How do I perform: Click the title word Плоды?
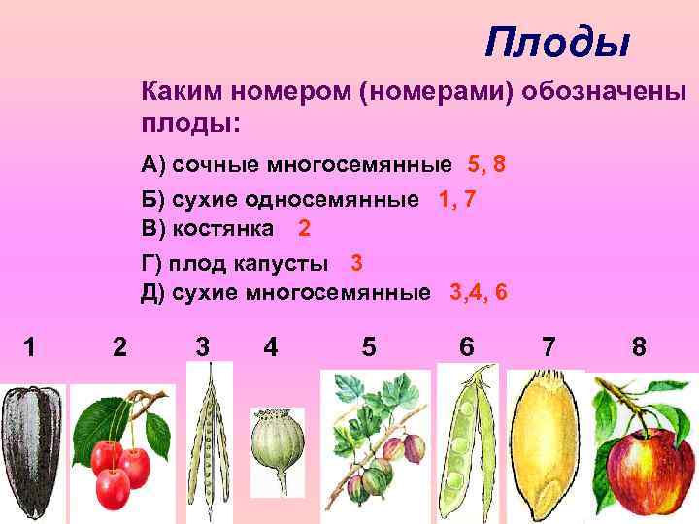(558, 42)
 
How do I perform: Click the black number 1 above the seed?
(31, 345)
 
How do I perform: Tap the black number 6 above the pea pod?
(467, 345)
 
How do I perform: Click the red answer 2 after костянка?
(304, 229)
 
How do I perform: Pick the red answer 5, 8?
(485, 164)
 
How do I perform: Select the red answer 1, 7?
(456, 199)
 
